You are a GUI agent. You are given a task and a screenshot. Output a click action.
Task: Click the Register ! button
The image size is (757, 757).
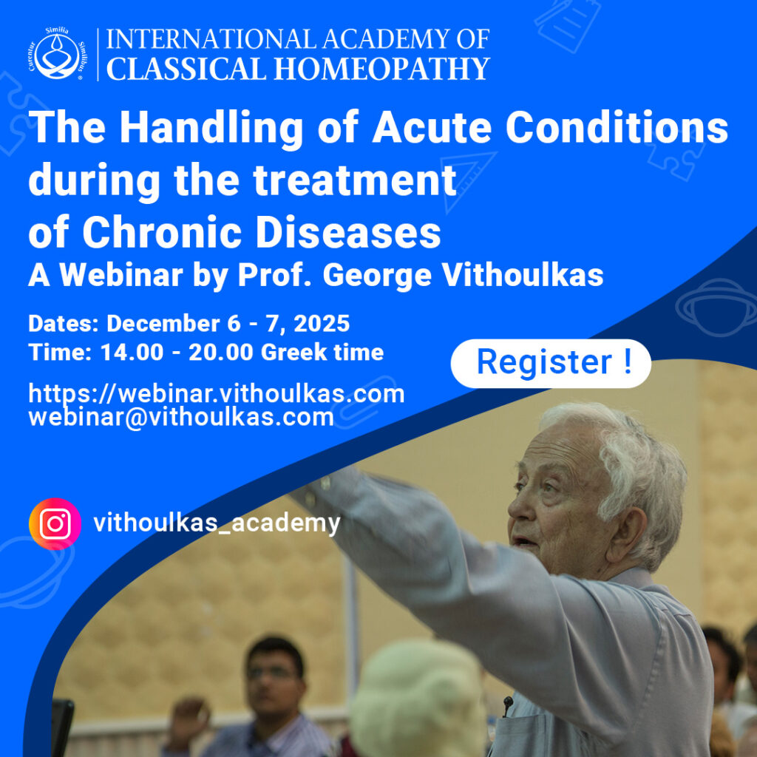click(550, 363)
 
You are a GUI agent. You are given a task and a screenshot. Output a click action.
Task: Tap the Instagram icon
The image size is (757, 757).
click(55, 524)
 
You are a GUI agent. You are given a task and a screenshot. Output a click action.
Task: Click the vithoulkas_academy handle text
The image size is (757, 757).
click(217, 523)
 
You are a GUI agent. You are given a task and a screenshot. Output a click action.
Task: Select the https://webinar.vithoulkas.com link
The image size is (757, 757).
click(217, 394)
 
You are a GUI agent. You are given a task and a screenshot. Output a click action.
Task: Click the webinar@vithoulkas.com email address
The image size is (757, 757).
click(181, 418)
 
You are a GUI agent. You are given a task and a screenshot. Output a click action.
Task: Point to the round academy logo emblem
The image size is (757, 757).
click(58, 54)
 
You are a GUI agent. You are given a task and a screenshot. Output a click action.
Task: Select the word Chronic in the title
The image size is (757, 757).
click(161, 233)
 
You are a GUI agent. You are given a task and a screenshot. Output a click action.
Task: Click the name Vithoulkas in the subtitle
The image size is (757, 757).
click(523, 275)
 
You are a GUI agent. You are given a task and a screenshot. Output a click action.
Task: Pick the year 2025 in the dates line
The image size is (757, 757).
click(322, 324)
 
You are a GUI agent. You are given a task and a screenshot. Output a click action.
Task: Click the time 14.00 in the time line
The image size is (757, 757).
click(132, 353)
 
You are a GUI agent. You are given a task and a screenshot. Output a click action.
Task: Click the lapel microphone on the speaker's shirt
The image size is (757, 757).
click(507, 703)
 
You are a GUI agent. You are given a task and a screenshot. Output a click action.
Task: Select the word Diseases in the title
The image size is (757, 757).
click(347, 233)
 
